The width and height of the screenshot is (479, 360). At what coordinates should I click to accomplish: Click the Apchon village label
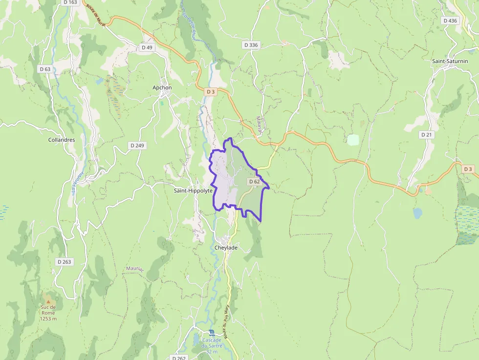pyautogui.click(x=162, y=87)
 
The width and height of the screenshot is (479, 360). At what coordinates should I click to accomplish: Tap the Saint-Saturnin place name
pyautogui.click(x=448, y=61)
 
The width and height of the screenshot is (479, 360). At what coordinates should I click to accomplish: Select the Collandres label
pyautogui.click(x=62, y=140)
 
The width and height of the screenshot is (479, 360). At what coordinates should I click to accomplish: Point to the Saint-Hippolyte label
pyautogui.click(x=193, y=191)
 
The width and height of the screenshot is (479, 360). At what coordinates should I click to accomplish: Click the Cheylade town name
pyautogui.click(x=226, y=248)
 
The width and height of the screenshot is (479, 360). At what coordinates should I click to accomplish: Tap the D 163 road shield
pyautogui.click(x=70, y=2)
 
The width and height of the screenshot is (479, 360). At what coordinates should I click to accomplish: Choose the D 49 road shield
pyautogui.click(x=147, y=47)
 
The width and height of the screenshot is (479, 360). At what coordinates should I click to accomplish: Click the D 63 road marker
pyautogui.click(x=44, y=69)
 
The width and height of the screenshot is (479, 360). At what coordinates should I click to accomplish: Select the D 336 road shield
pyautogui.click(x=251, y=45)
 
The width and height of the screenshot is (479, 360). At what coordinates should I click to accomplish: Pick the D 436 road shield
pyautogui.click(x=449, y=21)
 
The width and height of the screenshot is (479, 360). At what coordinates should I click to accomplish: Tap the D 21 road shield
pyautogui.click(x=426, y=134)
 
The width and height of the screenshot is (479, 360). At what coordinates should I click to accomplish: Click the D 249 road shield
pyautogui.click(x=137, y=146)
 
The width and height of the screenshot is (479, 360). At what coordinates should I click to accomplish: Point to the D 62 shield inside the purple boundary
pyautogui.click(x=254, y=182)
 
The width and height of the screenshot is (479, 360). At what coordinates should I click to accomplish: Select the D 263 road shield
pyautogui.click(x=64, y=262)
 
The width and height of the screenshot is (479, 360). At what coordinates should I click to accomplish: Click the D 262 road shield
pyautogui.click(x=179, y=358)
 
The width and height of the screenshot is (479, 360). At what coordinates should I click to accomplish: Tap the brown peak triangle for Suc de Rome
pyautogui.click(x=48, y=296)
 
